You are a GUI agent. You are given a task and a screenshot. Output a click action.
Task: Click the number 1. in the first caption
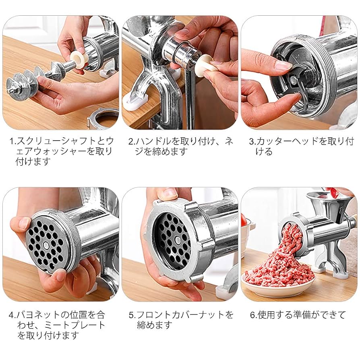(13, 141)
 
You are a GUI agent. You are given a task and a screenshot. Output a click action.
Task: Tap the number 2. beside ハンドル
(131, 141)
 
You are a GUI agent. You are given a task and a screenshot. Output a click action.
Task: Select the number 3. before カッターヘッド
(252, 141)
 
